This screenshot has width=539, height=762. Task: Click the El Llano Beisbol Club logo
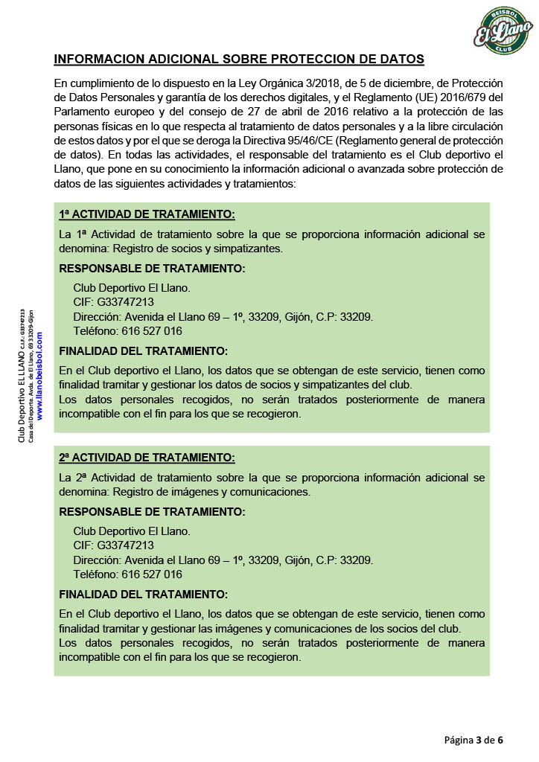point(504,31)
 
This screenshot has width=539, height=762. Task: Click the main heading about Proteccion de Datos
point(240,59)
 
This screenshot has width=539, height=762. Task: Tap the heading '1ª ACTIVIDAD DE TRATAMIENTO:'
point(147,214)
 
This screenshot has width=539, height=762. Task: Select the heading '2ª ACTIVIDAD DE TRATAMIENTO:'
point(147,457)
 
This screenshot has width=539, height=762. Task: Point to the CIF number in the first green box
point(114,301)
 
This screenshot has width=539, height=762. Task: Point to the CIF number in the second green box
point(114,545)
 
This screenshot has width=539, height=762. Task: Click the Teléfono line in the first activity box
point(127,331)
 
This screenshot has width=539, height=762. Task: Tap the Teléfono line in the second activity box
point(127,574)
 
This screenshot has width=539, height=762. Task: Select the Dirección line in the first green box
point(223,316)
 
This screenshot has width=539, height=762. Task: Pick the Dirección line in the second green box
point(223,560)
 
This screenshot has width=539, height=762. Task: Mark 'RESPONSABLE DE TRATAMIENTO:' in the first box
point(152,268)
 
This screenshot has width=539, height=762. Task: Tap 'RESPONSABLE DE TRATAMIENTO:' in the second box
point(152,511)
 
